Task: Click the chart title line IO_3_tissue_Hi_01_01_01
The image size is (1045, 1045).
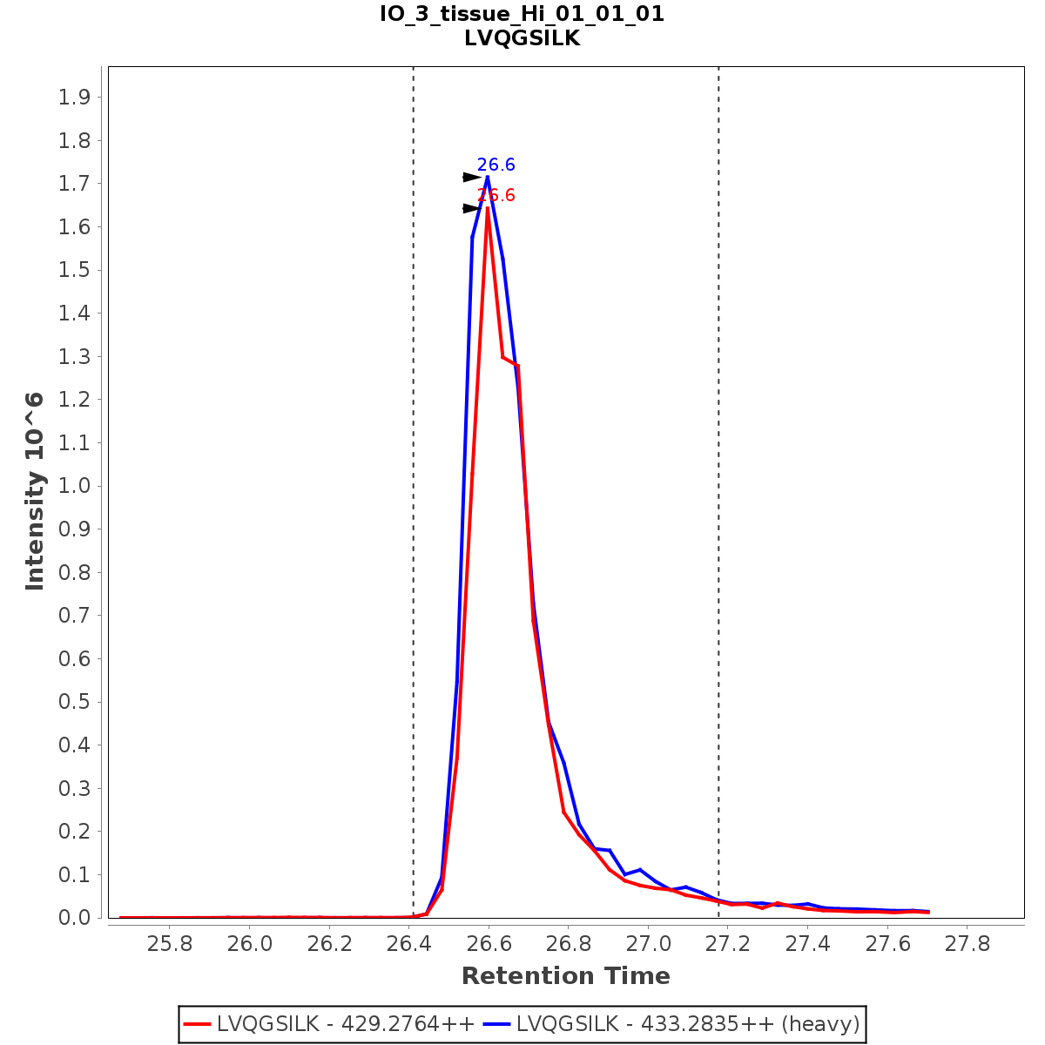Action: tap(522, 14)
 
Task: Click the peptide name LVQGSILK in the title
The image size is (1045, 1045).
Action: tap(522, 38)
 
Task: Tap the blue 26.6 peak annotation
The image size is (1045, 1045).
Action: tap(496, 165)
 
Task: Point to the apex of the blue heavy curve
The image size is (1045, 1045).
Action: tap(487, 177)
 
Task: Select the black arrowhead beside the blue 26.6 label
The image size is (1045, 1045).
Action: tap(471, 178)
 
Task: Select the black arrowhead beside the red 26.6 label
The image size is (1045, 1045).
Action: tap(471, 209)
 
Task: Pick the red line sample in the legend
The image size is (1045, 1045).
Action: tap(199, 1024)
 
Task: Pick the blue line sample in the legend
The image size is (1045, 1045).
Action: tap(498, 1024)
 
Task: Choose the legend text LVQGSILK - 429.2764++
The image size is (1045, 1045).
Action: tap(346, 1024)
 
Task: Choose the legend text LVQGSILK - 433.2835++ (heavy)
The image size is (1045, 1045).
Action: tap(688, 1024)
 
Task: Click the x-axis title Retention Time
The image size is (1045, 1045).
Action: tap(566, 976)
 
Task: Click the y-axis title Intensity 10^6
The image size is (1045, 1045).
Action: tap(35, 491)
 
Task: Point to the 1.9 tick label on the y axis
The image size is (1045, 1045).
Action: tap(74, 97)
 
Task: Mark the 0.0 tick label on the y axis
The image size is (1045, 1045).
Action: tap(74, 918)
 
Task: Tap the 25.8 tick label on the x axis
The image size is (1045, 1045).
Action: tap(169, 944)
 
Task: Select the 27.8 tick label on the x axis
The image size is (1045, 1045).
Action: tap(967, 944)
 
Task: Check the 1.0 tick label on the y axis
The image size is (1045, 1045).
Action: tap(74, 486)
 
